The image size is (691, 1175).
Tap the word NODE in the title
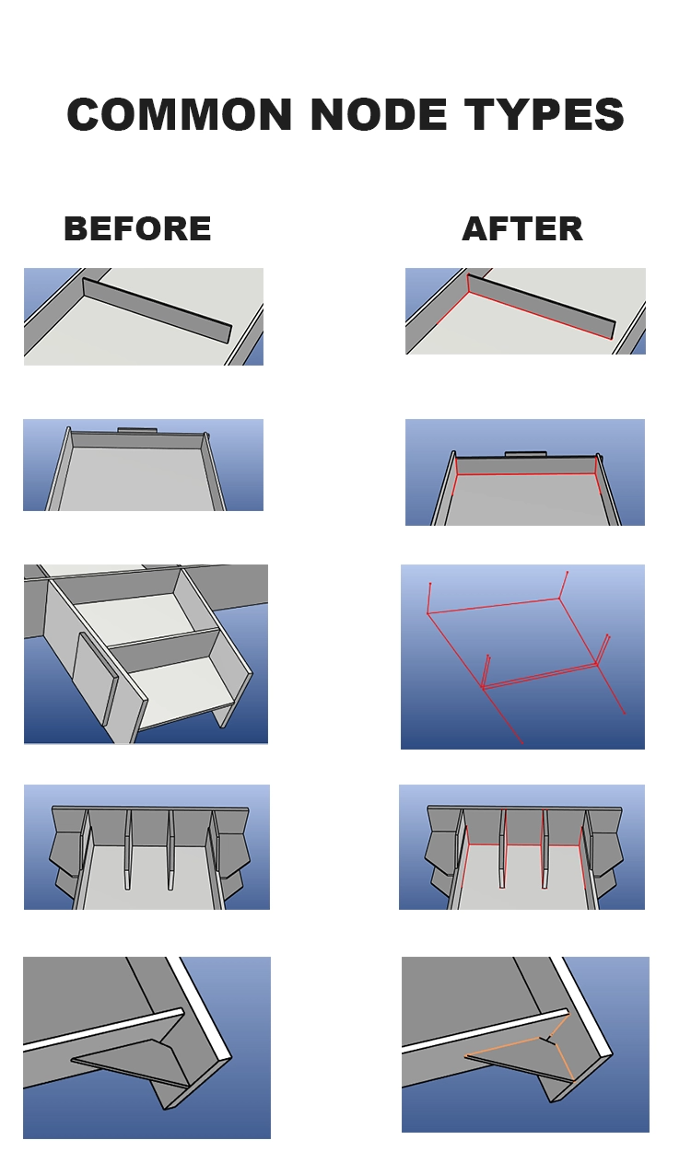click(x=379, y=115)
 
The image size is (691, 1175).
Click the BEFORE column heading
click(x=137, y=228)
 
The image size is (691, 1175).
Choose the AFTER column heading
click(x=522, y=228)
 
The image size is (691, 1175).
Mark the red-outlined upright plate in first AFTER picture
click(x=540, y=306)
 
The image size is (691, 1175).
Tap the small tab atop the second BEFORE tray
click(x=137, y=429)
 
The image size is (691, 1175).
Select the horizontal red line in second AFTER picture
click(x=525, y=474)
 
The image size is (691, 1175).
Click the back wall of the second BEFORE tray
click(x=137, y=441)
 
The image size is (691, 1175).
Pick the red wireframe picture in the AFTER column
click(x=522, y=657)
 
